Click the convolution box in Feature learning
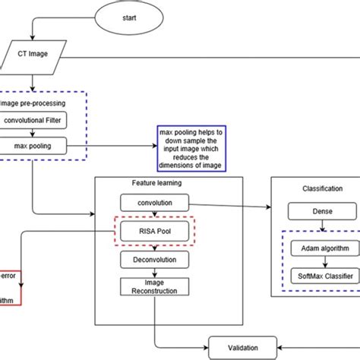tap(154, 203)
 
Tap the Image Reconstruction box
tap(154, 288)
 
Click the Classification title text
tap(319, 188)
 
